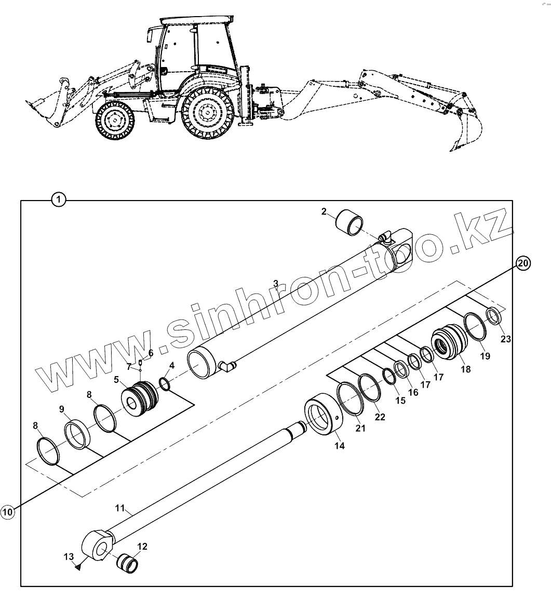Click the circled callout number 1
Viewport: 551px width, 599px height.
(59, 199)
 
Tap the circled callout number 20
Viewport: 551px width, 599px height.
(523, 263)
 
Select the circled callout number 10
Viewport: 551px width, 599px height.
(7, 512)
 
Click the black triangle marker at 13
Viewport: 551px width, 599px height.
(77, 567)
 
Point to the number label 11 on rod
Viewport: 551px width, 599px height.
(120, 508)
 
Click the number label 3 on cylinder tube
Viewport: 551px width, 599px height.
(276, 283)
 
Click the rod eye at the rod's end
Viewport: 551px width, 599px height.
(98, 545)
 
